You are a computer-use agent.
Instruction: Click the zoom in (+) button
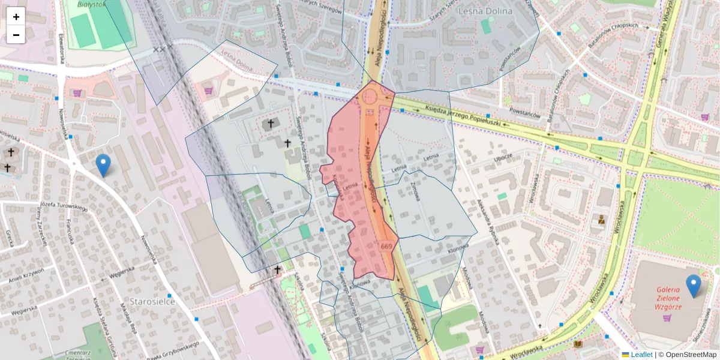(16, 17)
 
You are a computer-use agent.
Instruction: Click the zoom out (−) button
(16, 35)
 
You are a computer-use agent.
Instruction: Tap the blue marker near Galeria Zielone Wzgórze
(694, 286)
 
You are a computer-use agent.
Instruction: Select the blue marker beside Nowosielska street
(103, 165)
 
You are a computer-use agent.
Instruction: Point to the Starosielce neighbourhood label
(152, 301)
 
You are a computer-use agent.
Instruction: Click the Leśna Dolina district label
(484, 11)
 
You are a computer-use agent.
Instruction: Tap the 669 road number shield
(386, 247)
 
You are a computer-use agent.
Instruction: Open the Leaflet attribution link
(641, 355)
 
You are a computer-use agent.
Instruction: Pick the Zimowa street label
(414, 193)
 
